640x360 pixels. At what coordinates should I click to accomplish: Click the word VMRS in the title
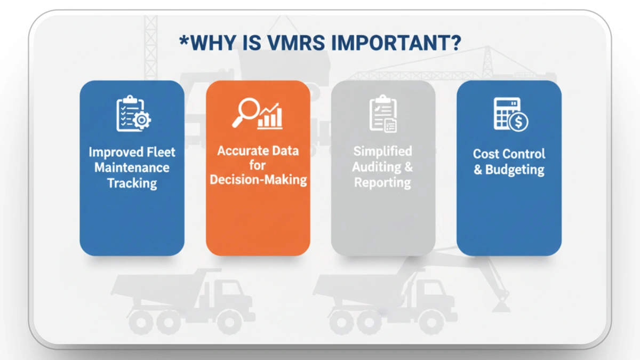click(293, 43)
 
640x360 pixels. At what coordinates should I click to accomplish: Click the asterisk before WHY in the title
click(183, 40)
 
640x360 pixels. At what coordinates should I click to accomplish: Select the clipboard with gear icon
click(133, 114)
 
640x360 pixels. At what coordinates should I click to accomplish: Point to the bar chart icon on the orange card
click(270, 116)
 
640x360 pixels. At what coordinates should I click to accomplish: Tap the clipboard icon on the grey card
click(382, 113)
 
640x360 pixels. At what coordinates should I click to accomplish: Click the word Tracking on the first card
click(132, 183)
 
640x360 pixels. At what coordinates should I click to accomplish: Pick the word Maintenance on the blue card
click(132, 167)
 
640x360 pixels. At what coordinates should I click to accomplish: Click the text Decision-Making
click(258, 180)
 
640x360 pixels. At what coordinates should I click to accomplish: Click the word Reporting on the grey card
click(382, 182)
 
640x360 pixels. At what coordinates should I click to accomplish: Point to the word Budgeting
click(515, 170)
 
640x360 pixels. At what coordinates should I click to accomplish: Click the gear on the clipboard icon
click(142, 121)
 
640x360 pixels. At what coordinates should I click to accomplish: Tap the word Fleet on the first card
click(161, 152)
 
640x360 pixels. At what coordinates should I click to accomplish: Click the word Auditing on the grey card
click(376, 167)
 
